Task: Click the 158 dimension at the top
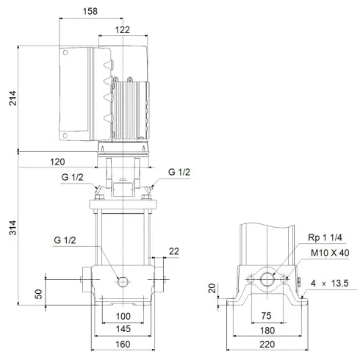point(91,11)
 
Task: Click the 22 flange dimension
point(173,252)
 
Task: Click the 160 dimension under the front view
point(122,344)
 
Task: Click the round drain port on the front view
point(122,281)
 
